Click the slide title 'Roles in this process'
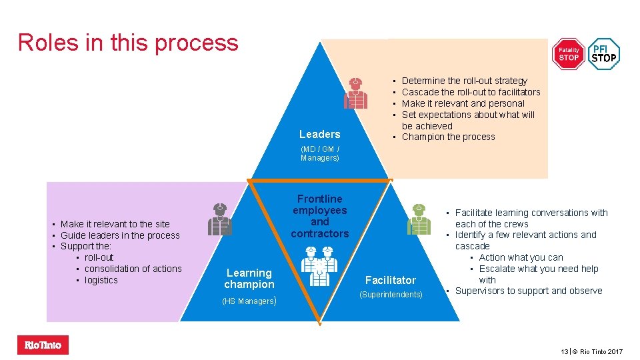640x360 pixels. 128,42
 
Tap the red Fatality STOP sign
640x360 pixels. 569,54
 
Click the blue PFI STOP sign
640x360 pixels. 604,54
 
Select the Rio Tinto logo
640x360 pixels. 43,345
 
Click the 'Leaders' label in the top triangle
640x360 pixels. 319,134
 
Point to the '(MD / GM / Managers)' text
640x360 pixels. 320,153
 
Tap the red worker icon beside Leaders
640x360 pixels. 355,93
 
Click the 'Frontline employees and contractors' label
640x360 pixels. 320,216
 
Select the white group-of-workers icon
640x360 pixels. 319,265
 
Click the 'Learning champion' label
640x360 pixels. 249,279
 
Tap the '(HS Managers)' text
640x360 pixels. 249,301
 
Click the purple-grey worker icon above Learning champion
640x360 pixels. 219,219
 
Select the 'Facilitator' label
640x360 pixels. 391,280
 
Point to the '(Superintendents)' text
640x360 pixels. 391,295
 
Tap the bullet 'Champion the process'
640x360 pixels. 448,137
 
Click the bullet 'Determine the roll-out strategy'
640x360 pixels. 464,81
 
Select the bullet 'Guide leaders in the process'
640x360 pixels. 120,235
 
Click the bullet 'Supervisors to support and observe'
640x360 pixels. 528,291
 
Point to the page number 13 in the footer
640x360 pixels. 564,351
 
